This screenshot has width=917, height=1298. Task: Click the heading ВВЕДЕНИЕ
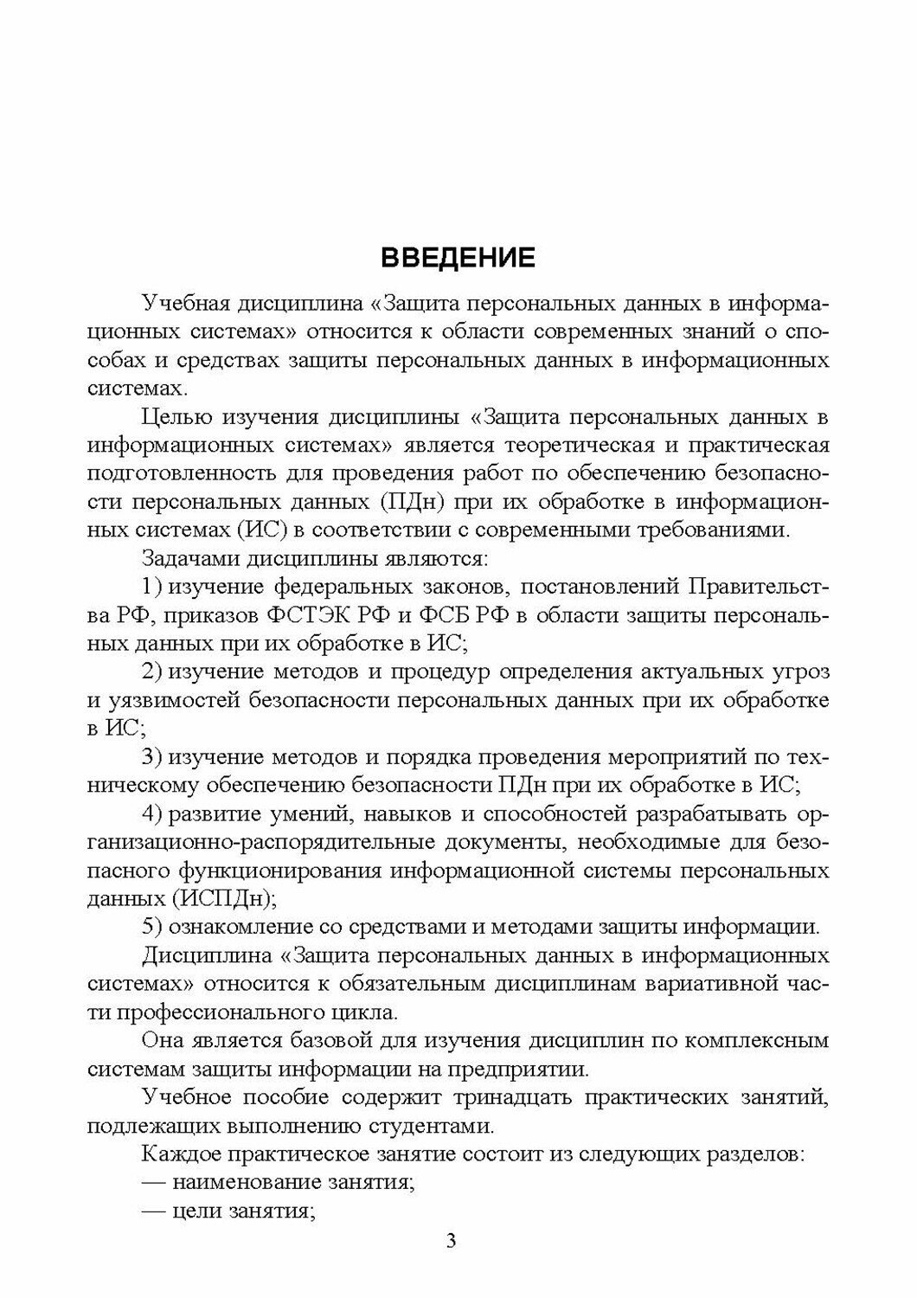pyautogui.click(x=458, y=258)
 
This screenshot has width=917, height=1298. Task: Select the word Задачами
pyautogui.click(x=188, y=558)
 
